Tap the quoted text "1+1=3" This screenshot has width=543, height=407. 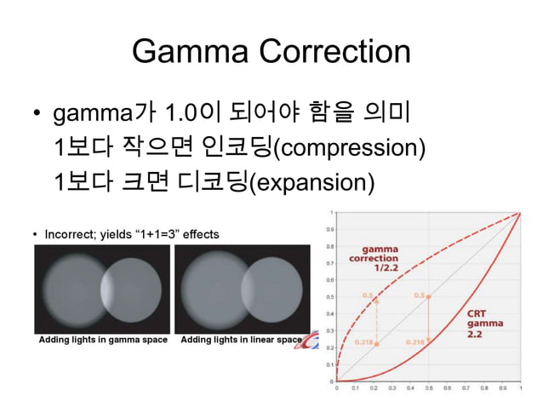pos(153,233)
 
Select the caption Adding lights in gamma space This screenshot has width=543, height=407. pos(103,340)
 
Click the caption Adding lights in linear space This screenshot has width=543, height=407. pos(242,340)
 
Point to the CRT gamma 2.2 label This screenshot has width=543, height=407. pos(484,323)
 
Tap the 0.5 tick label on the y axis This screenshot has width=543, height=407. pos(328,296)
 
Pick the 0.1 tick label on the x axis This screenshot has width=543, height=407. pos(355,388)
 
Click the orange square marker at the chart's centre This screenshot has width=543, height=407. pos(428,296)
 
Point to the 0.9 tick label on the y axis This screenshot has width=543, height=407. pos(328,229)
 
